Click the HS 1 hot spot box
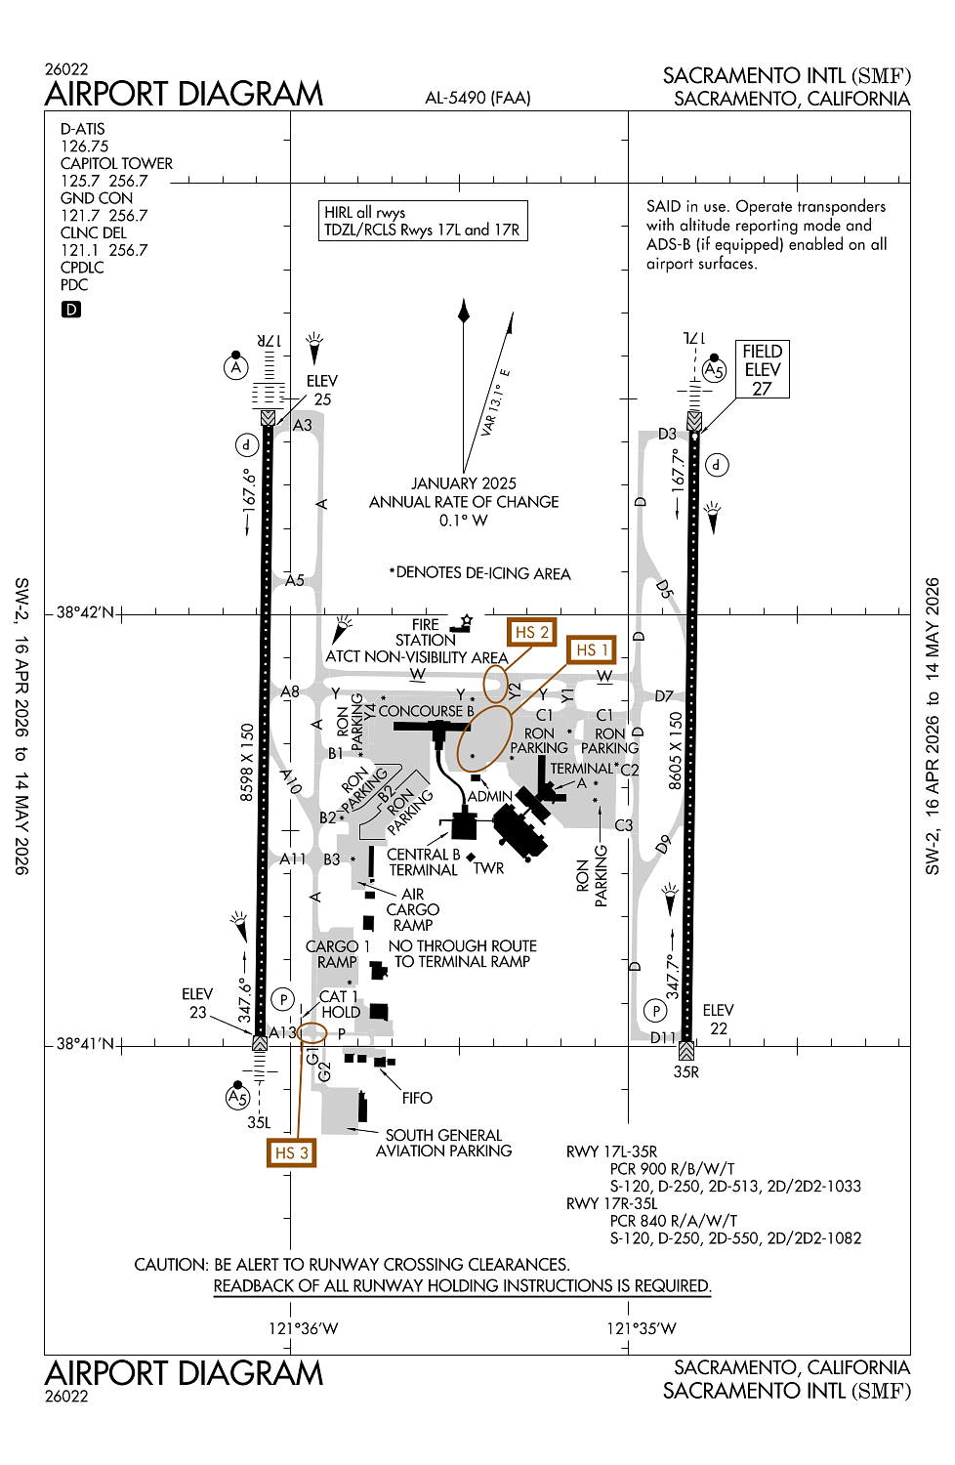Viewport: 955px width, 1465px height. click(592, 649)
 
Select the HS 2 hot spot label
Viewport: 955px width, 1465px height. click(531, 632)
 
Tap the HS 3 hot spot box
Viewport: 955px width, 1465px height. click(291, 1152)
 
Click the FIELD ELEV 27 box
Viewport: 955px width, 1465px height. click(762, 369)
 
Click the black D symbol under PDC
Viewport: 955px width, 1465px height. click(71, 310)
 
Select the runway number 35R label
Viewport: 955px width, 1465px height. click(686, 1071)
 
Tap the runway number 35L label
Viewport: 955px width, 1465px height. click(259, 1123)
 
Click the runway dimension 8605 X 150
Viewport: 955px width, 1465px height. click(676, 750)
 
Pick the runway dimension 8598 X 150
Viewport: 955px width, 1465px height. click(247, 762)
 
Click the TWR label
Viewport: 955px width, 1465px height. click(489, 868)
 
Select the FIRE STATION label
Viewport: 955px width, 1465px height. click(426, 632)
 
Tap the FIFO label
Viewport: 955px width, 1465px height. click(417, 1098)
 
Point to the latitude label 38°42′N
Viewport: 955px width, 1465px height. click(85, 612)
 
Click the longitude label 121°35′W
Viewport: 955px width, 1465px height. click(642, 1328)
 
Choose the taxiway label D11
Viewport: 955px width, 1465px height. click(663, 1037)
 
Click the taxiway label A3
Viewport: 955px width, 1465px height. click(303, 425)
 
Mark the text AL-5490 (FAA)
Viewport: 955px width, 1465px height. click(478, 98)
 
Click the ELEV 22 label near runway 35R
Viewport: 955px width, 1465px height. click(719, 1019)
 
